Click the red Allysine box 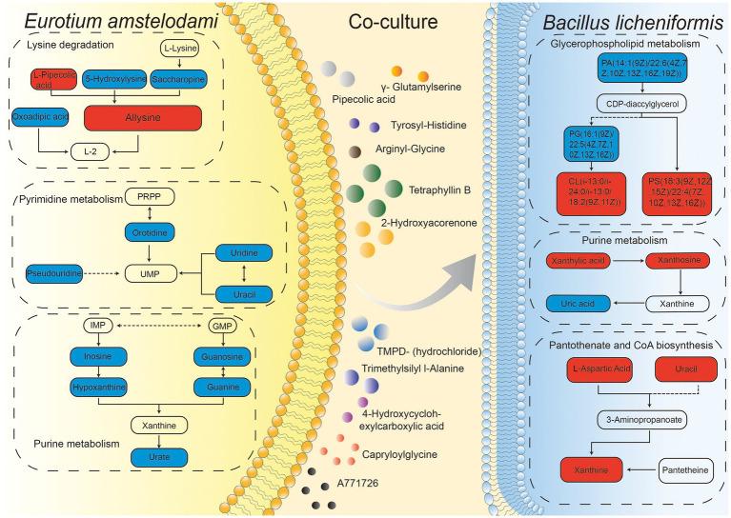(x=140, y=119)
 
